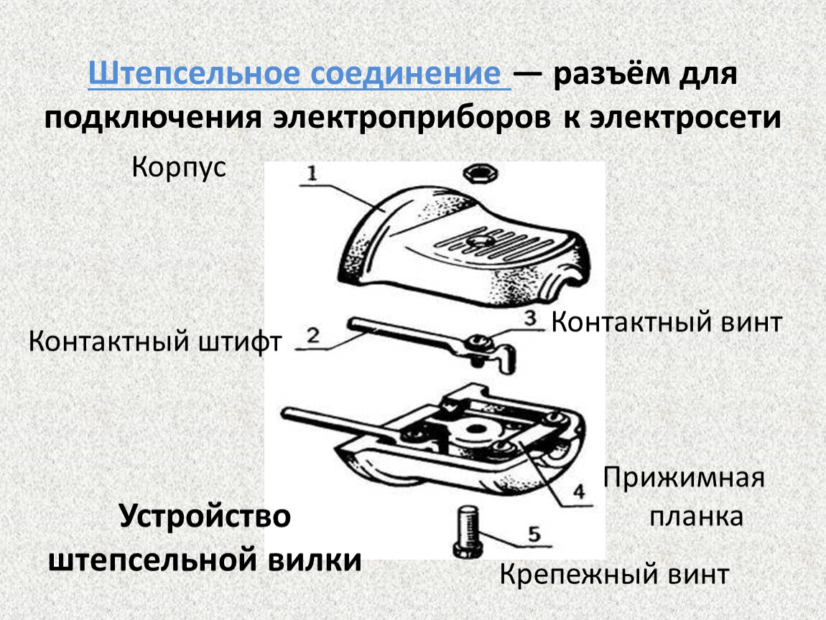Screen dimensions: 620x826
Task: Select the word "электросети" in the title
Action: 685,117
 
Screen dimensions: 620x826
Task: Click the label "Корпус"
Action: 179,169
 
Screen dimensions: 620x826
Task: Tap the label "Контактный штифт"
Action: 155,341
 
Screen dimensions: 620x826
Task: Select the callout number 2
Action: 312,335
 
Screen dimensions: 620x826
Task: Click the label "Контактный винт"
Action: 666,322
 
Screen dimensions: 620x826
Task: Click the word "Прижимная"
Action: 684,477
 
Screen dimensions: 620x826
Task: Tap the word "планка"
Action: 696,517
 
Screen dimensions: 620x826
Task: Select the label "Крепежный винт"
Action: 614,574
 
